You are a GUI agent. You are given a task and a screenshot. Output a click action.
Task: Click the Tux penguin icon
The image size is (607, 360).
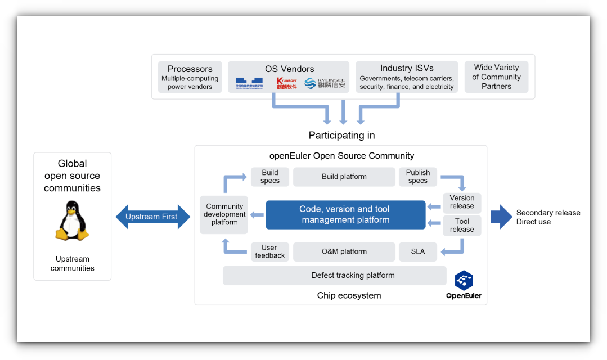(x=71, y=222)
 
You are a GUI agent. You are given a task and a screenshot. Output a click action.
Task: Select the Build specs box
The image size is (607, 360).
(x=270, y=177)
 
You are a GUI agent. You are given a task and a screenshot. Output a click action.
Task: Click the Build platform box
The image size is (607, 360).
(x=344, y=177)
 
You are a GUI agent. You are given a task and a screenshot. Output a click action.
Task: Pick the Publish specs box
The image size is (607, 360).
(x=417, y=177)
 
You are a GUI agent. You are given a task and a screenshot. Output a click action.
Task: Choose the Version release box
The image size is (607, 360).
(x=462, y=202)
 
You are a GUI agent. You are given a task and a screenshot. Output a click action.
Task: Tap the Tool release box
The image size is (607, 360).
(x=462, y=225)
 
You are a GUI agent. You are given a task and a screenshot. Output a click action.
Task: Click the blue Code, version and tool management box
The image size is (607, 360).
(x=345, y=214)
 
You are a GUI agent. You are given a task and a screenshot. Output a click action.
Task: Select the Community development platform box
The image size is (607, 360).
(x=224, y=214)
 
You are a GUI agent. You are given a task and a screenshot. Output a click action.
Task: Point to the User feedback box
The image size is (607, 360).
(x=270, y=251)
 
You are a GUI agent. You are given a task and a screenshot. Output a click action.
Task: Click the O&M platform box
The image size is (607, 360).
(x=344, y=251)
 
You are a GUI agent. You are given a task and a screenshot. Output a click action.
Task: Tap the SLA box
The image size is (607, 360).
(x=417, y=251)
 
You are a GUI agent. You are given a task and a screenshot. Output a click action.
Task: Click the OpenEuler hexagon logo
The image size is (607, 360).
(x=464, y=280)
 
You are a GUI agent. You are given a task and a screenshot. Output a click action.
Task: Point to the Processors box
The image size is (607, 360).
(x=190, y=77)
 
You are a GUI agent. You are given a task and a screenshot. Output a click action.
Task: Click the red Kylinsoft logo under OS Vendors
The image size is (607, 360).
(x=287, y=84)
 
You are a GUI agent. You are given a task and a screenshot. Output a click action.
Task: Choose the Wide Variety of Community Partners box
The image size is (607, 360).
(x=496, y=77)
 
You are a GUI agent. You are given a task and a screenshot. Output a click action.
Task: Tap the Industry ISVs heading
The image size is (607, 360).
(x=407, y=69)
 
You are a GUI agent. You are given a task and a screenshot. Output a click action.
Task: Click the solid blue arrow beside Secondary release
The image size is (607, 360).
(x=501, y=217)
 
